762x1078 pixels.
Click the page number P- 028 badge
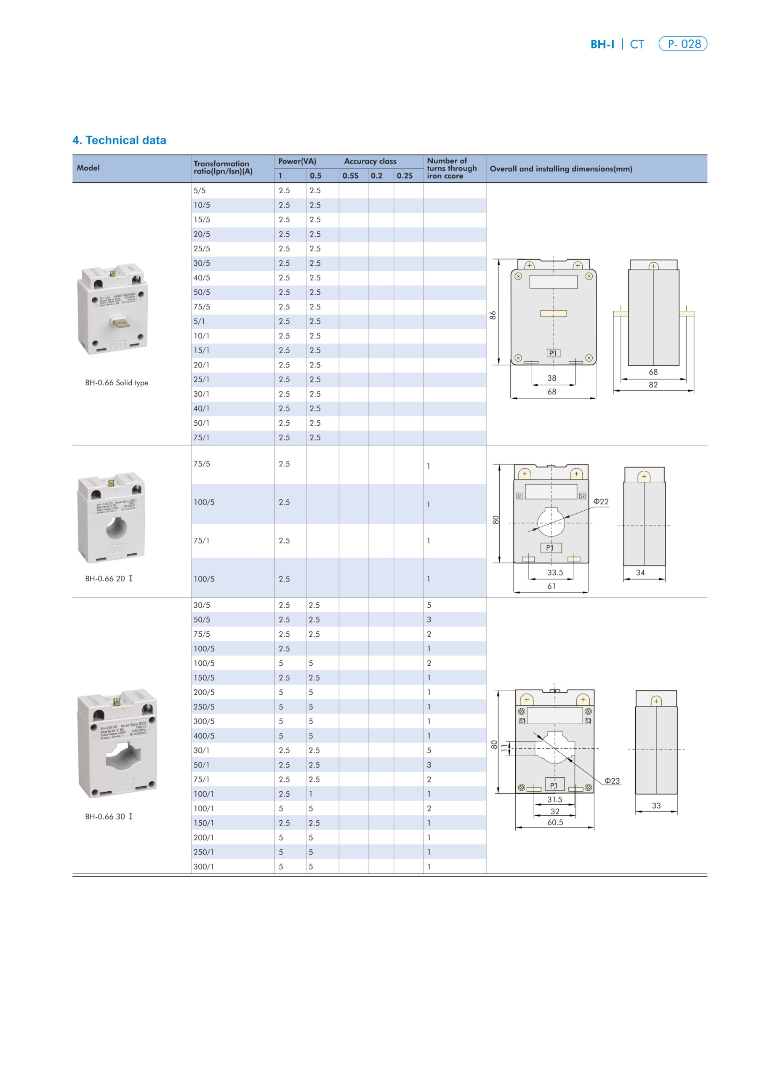pos(683,44)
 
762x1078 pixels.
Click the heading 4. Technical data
pos(119,140)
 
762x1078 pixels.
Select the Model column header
pos(88,168)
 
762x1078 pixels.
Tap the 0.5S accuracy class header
pos(350,176)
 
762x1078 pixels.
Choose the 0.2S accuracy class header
pos(404,176)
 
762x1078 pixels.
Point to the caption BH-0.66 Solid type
pos(117,383)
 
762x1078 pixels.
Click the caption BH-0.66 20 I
pos(109,579)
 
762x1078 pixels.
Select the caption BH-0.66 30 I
pos(109,817)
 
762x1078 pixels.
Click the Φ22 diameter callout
pos(600,502)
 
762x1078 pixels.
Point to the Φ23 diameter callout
pos(612,781)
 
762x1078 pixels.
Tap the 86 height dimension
pos(493,315)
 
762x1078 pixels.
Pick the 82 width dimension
pos(653,384)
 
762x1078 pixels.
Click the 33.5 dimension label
pos(555,572)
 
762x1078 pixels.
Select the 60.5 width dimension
pos(555,822)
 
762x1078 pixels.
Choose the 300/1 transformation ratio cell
pos(204,866)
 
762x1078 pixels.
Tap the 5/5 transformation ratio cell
pos(200,191)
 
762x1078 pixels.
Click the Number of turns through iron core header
pos(452,168)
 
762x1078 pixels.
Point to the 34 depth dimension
pos(640,572)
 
